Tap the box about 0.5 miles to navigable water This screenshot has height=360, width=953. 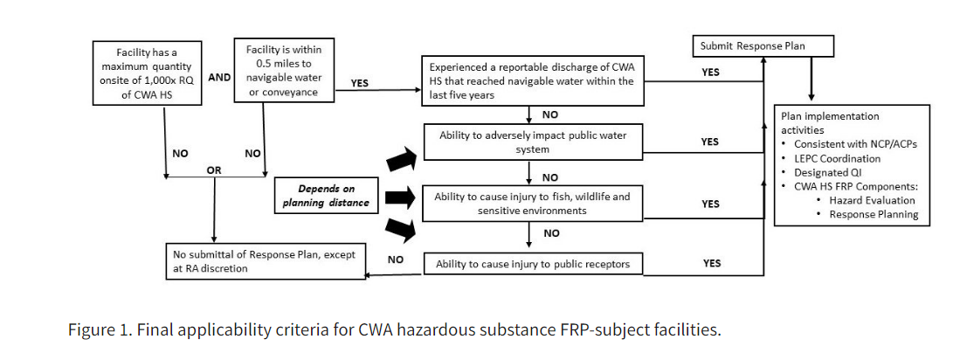point(284,71)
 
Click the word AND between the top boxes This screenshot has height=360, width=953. point(218,77)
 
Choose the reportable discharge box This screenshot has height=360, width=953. point(531,81)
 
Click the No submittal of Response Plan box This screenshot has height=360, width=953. point(265,262)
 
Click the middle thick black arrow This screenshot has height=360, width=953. point(400,197)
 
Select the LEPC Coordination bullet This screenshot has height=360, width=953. point(837,159)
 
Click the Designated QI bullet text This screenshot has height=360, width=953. point(829,173)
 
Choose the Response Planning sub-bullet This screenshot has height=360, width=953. point(874,215)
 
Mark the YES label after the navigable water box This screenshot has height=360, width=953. point(359,84)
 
